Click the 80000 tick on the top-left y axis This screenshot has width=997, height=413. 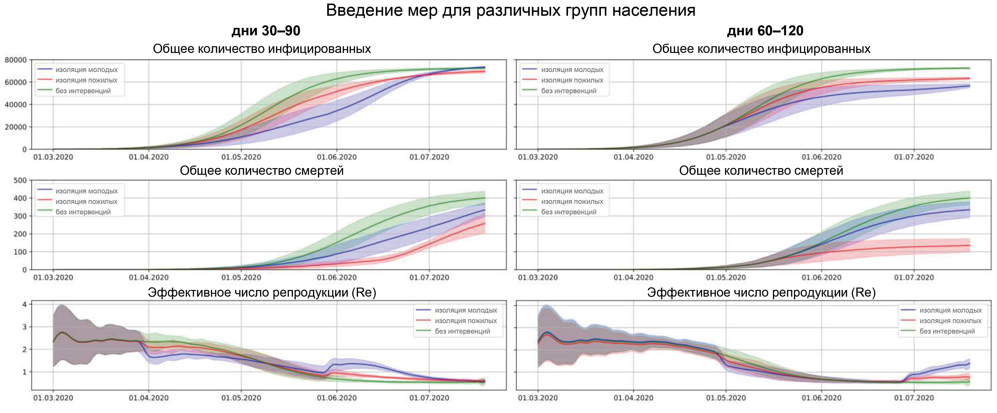click(x=16, y=60)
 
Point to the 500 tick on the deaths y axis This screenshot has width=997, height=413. click(x=20, y=180)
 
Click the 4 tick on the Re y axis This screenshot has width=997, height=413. click(x=24, y=305)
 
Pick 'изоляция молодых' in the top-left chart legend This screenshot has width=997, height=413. click(x=86, y=70)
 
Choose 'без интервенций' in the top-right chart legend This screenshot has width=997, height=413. click(x=568, y=91)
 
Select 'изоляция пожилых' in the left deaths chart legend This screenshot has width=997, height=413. click(x=86, y=202)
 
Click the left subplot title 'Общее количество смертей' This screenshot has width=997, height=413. click(x=262, y=171)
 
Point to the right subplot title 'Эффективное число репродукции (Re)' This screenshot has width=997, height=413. click(x=761, y=293)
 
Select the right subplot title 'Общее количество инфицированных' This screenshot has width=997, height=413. click(x=761, y=49)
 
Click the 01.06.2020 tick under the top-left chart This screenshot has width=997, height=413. click(x=337, y=157)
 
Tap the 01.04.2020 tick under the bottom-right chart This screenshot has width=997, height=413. click(x=633, y=398)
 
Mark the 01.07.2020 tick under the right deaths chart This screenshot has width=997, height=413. click(x=914, y=278)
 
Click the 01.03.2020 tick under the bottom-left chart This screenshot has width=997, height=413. click(x=53, y=398)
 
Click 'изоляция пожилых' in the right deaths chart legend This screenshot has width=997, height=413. click(x=572, y=202)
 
